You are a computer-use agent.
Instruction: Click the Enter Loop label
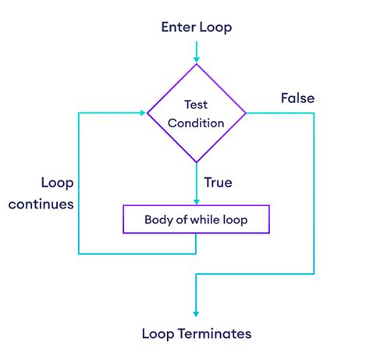(x=196, y=27)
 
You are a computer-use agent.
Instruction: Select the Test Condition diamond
(x=196, y=113)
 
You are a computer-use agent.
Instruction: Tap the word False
(x=297, y=98)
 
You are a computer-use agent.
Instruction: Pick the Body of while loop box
(x=196, y=219)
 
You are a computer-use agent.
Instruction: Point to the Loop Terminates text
(x=196, y=333)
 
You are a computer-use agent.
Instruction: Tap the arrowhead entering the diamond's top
(x=196, y=58)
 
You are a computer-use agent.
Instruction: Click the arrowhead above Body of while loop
(x=196, y=200)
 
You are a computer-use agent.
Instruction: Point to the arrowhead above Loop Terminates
(x=196, y=311)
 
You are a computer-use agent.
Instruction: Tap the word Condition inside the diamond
(x=196, y=123)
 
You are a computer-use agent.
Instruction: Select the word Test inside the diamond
(x=196, y=104)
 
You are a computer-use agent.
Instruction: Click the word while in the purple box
(x=206, y=219)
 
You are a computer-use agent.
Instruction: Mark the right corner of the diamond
(x=246, y=113)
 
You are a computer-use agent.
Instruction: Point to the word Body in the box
(x=158, y=219)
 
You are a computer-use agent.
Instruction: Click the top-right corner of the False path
(x=314, y=113)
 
